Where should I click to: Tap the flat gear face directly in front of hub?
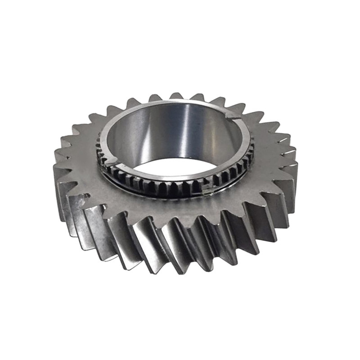coord(171,209)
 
